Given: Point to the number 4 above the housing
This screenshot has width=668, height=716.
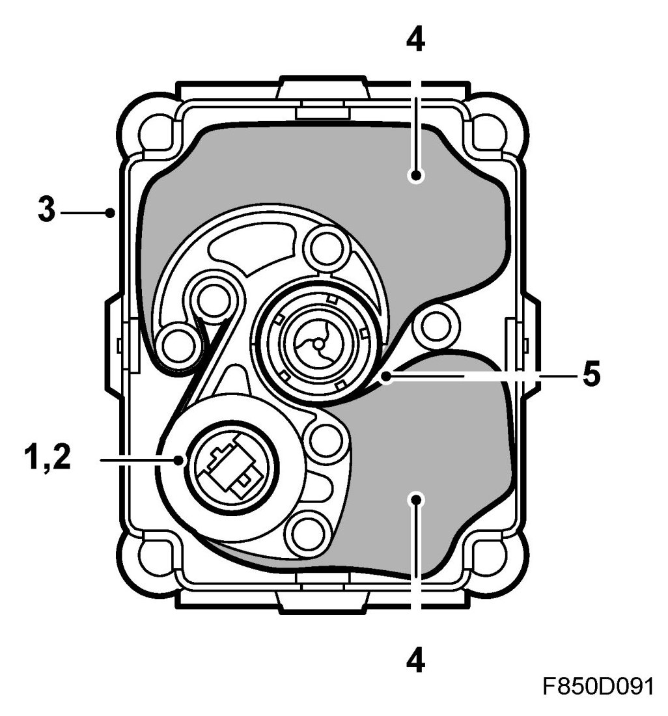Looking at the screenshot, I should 415,40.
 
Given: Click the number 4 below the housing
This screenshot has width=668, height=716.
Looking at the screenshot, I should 415,662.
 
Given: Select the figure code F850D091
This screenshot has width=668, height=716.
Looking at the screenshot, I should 598,686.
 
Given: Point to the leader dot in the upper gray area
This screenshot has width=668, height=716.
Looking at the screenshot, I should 415,175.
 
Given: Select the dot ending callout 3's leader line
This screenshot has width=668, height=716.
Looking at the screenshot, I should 111,212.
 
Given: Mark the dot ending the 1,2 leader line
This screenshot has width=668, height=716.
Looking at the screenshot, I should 180,460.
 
